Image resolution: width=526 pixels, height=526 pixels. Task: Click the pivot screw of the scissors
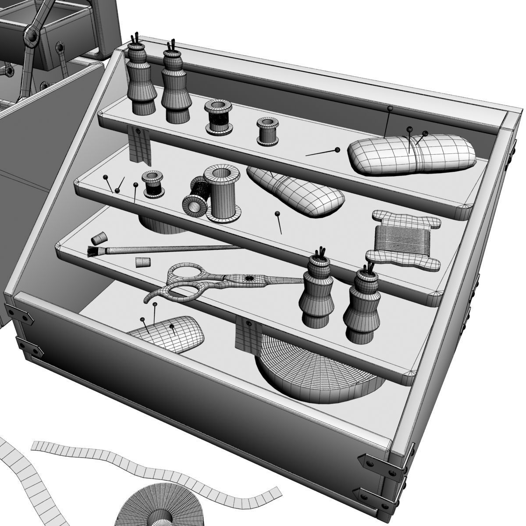point(249,278)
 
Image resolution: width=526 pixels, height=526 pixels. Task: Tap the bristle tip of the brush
point(92,252)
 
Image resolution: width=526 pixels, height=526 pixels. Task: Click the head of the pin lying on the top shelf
point(337,150)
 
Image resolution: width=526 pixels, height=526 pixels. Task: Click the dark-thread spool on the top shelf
point(217,117)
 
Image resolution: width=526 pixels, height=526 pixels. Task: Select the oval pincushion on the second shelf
point(296,191)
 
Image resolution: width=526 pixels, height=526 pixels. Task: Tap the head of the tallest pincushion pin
point(390,108)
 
